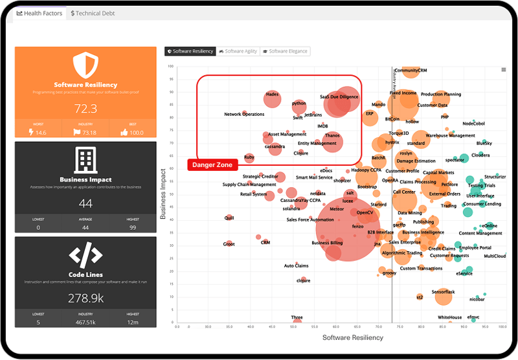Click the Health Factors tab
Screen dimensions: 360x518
(39, 13)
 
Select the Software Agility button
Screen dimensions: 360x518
(238, 51)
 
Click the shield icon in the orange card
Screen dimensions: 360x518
(85, 65)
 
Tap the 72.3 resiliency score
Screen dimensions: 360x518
(85, 108)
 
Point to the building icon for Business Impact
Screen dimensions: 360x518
(85, 159)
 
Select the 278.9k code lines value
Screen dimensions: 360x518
(85, 298)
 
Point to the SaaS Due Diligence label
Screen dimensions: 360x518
(339, 97)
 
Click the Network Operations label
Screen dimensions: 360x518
(244, 115)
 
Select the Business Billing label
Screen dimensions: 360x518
(327, 243)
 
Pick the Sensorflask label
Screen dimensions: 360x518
(444, 292)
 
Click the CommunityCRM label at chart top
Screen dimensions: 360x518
(411, 70)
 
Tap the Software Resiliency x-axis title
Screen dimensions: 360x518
(352, 337)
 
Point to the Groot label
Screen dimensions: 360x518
(229, 244)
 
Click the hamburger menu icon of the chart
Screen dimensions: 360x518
(504, 70)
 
